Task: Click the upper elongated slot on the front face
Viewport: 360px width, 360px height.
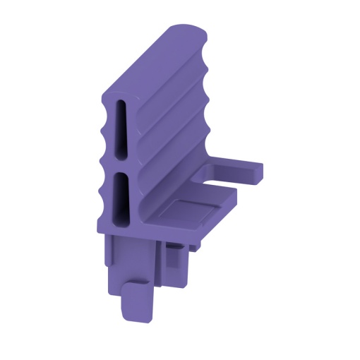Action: click(121, 131)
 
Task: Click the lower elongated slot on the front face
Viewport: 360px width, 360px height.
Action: click(121, 200)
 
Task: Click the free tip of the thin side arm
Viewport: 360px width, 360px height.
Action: click(258, 172)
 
